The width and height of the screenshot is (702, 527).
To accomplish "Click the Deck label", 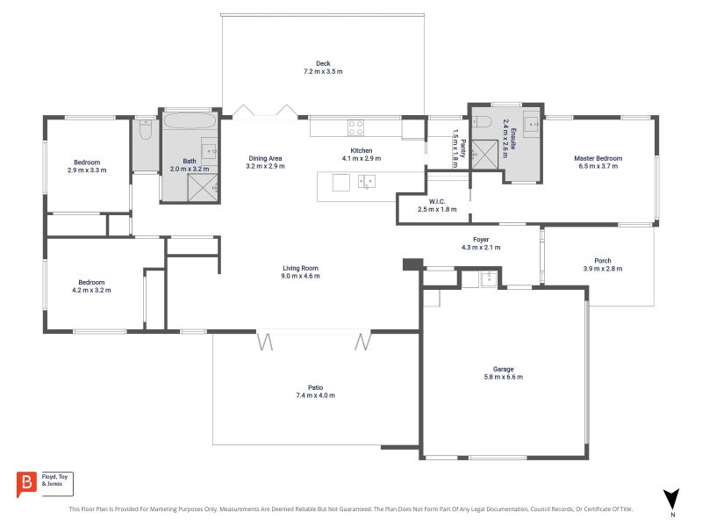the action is (x=323, y=63).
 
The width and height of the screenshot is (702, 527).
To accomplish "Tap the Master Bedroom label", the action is (x=598, y=158).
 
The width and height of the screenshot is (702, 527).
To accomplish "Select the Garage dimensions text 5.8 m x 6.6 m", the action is (x=503, y=377).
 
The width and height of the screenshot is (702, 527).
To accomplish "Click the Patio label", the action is (x=315, y=387).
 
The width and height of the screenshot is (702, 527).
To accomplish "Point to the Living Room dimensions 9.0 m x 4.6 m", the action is (x=300, y=276).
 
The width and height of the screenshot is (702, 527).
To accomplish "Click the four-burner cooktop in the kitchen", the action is (x=356, y=127).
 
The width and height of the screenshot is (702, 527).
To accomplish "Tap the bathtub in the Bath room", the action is (x=190, y=121).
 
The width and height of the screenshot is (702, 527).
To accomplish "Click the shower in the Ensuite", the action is (x=484, y=155).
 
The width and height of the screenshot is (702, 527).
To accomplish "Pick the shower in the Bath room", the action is (x=203, y=188).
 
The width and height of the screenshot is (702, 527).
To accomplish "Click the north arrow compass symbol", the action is (x=671, y=500).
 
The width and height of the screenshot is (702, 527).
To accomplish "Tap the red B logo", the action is (x=26, y=484).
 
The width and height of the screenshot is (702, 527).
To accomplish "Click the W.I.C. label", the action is (x=437, y=202).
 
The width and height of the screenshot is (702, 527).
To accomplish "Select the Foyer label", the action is (x=481, y=240).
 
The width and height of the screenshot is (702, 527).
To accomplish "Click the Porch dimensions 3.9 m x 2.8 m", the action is (x=603, y=269).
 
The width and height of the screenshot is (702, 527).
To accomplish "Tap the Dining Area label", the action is (x=265, y=158).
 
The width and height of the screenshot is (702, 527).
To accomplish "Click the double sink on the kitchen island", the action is (x=367, y=182).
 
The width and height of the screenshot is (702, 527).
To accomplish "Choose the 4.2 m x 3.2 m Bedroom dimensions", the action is (x=91, y=290).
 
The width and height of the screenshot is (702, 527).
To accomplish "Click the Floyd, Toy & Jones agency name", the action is (x=54, y=480).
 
